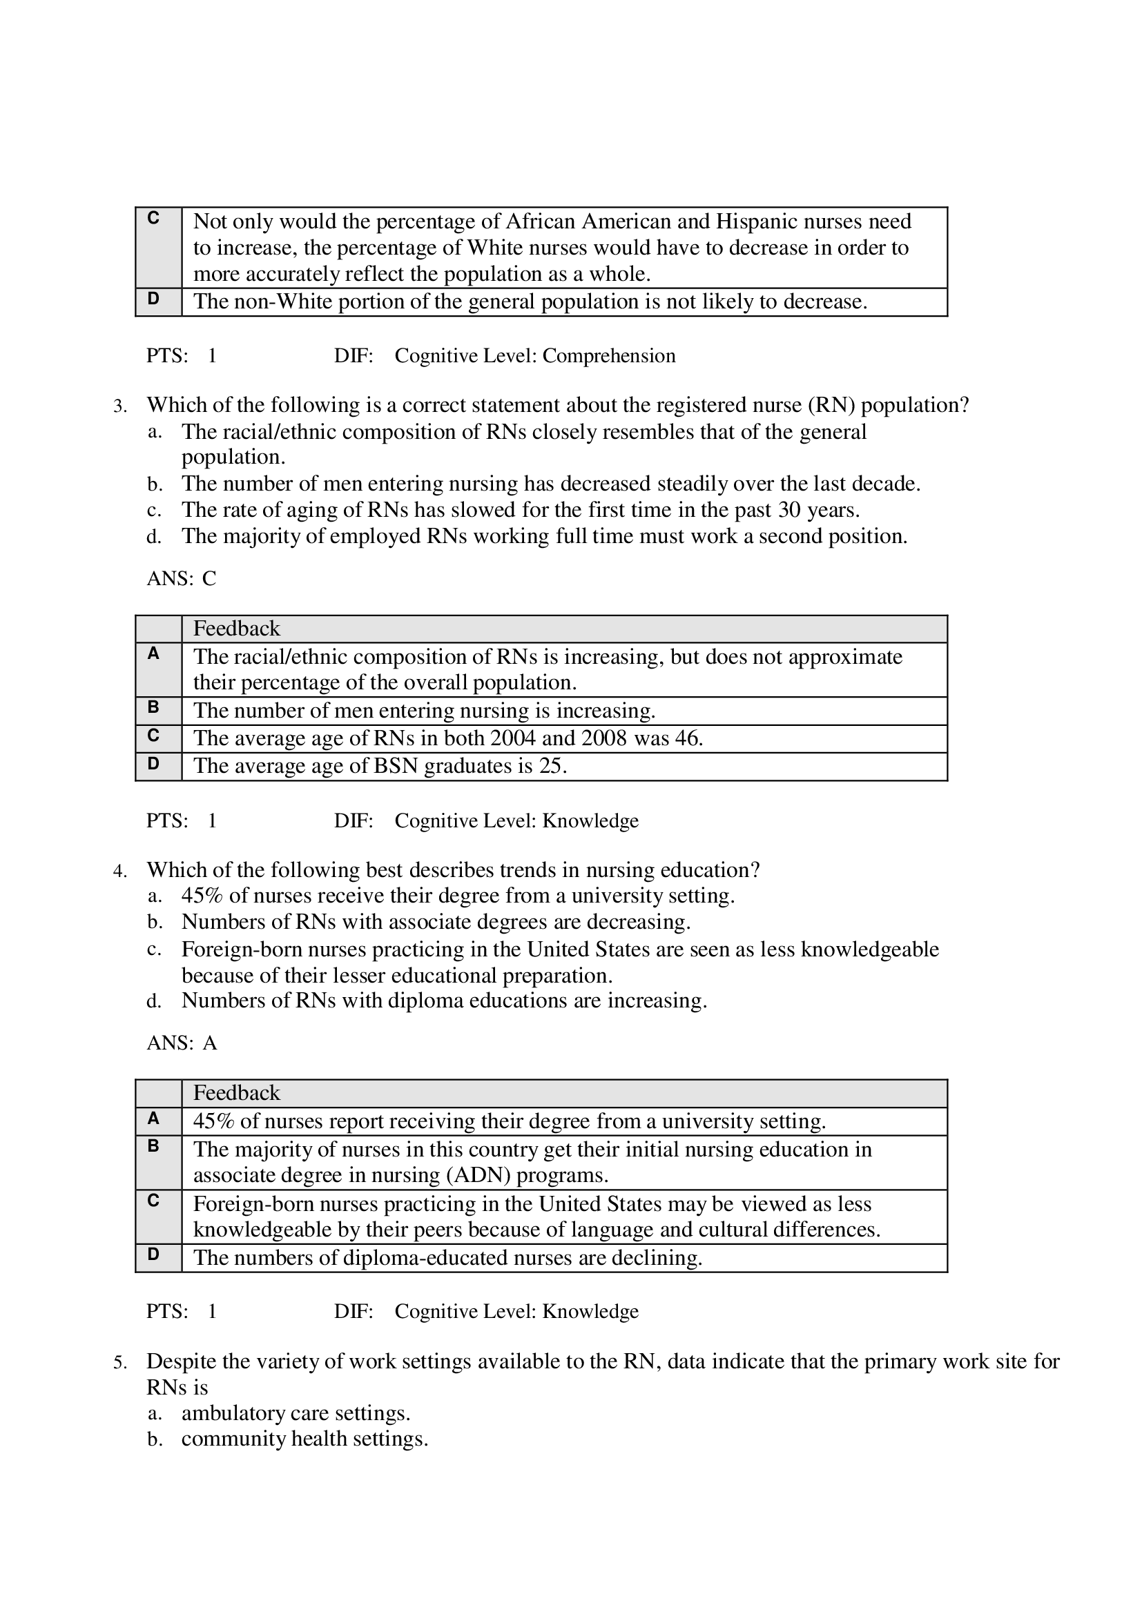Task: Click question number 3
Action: [x=119, y=406]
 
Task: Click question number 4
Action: [x=119, y=872]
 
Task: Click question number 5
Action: [x=119, y=1363]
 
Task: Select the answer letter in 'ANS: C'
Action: [x=209, y=579]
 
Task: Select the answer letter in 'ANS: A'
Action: [x=210, y=1043]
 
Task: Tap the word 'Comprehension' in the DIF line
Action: [x=608, y=355]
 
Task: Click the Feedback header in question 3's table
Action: [x=236, y=629]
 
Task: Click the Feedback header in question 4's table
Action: [x=236, y=1093]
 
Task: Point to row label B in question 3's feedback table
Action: [x=153, y=707]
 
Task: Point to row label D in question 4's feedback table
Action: [x=153, y=1254]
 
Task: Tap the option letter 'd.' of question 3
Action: [x=154, y=537]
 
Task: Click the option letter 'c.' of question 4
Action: [x=154, y=949]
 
